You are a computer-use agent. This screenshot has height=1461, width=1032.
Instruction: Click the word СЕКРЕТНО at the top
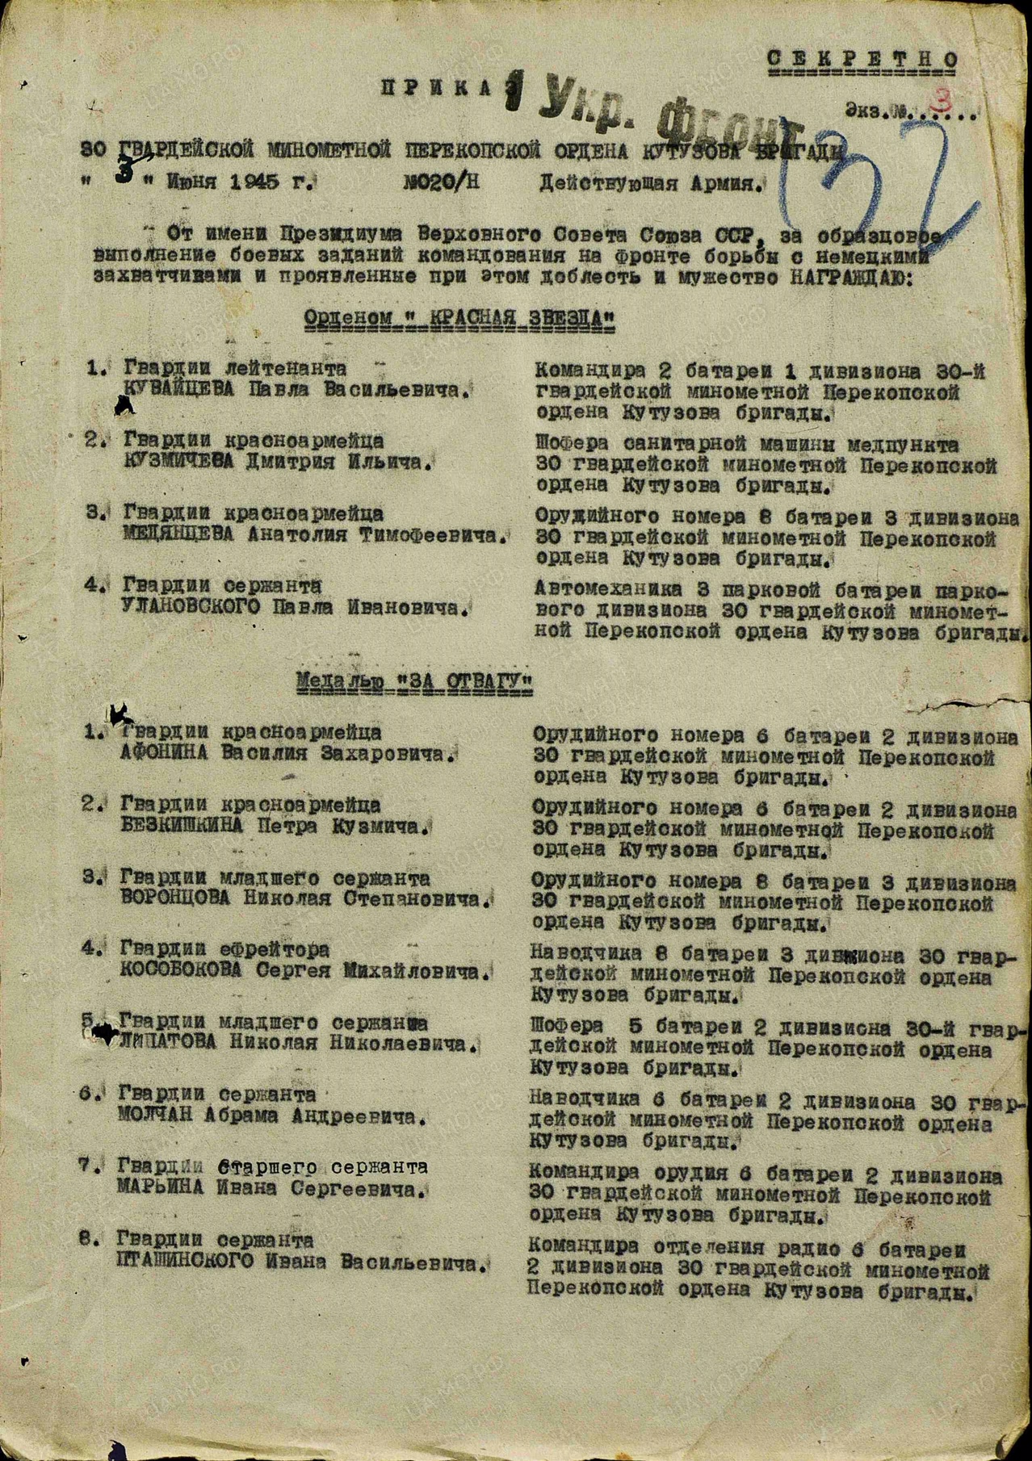tap(862, 60)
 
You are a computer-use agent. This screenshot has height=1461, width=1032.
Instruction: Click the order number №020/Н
tap(441, 182)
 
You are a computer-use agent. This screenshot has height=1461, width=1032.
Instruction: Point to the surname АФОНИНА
tap(165, 755)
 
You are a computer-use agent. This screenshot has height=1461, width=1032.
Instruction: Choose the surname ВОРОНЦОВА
tap(173, 899)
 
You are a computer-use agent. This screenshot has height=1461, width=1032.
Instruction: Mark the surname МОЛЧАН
tap(158, 1117)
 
